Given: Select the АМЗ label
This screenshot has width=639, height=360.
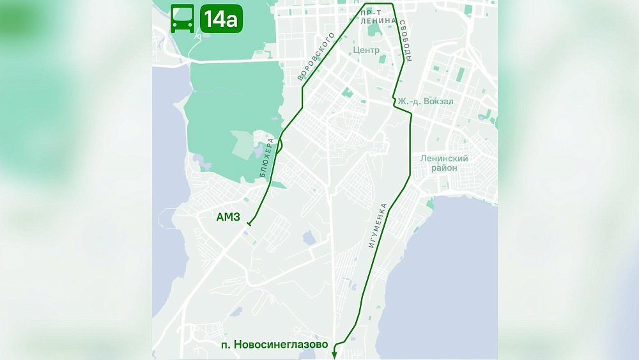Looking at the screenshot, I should click(x=228, y=217).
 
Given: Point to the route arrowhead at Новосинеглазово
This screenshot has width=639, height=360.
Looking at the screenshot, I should click(x=334, y=355).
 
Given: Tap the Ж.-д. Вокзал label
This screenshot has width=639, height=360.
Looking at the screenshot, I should click(x=426, y=101).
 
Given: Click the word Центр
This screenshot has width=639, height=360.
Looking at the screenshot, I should click(x=366, y=50).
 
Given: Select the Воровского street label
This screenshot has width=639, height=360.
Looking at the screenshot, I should click(x=316, y=57).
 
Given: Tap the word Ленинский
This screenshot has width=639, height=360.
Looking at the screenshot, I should click(x=444, y=158).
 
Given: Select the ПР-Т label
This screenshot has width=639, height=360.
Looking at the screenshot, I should click(x=371, y=12).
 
